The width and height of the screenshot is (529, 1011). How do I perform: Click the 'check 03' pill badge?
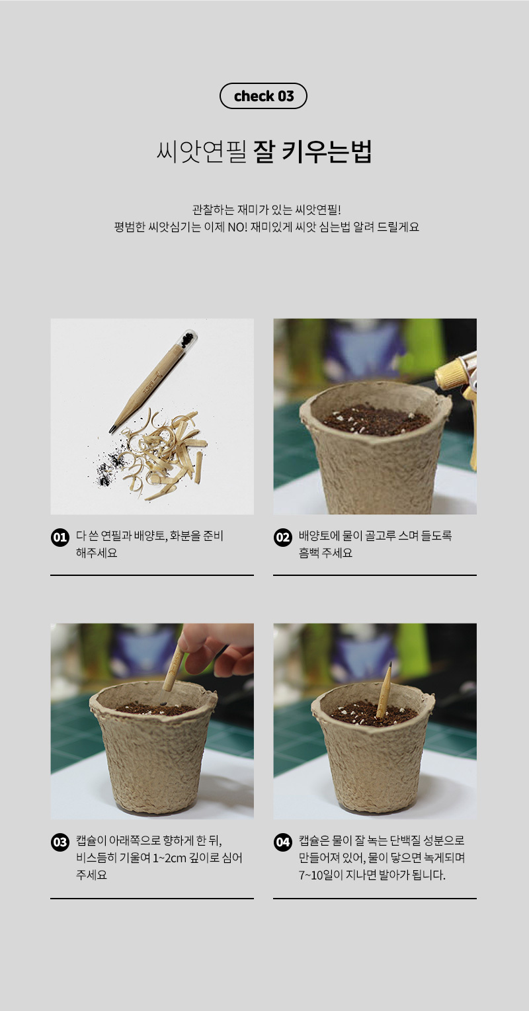(264, 96)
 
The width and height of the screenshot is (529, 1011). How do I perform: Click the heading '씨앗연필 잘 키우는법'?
(264, 151)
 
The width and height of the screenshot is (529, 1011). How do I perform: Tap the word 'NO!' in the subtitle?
(237, 227)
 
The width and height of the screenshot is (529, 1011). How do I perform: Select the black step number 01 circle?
(60, 537)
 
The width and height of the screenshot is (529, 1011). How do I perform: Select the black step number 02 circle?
(283, 537)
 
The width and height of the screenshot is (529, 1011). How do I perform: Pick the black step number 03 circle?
(60, 842)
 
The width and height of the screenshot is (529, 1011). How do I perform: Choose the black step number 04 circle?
(283, 842)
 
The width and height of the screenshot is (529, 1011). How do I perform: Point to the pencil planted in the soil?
(384, 690)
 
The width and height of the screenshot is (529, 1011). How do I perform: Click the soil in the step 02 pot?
(376, 420)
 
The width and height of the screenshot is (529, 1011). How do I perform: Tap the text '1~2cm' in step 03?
(169, 858)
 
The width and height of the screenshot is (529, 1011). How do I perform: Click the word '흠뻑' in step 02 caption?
(309, 553)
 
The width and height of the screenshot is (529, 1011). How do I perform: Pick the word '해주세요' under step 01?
(97, 553)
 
